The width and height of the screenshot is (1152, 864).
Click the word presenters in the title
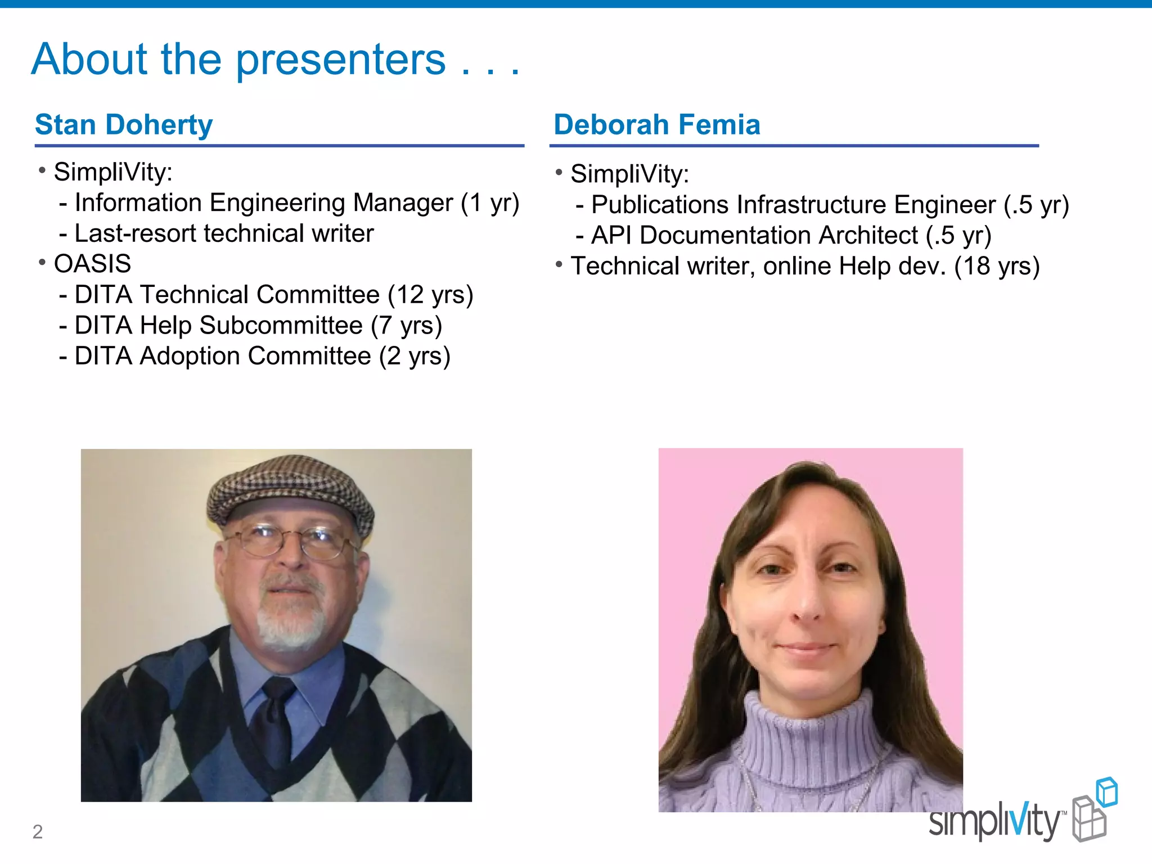(x=340, y=61)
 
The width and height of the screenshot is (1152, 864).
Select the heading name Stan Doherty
(x=124, y=124)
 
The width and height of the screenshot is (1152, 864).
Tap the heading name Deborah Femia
(x=656, y=124)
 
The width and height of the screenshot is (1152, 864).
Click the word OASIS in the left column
(x=92, y=264)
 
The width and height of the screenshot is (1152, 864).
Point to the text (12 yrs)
(x=430, y=295)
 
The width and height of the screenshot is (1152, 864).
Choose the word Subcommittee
(x=281, y=326)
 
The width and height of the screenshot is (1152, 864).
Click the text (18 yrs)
(x=997, y=266)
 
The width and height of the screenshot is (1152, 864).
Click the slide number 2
(x=38, y=831)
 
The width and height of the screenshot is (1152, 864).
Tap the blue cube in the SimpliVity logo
(x=1107, y=792)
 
